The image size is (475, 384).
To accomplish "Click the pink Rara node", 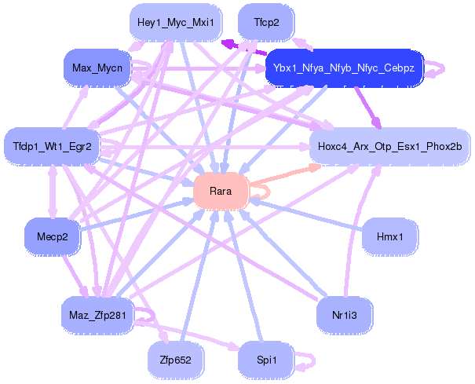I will coord(221,192).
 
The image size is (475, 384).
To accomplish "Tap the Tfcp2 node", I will coord(266,23).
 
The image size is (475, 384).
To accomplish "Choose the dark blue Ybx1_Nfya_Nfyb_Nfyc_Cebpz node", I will coord(345,68).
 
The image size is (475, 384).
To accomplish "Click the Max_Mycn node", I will coord(97,68).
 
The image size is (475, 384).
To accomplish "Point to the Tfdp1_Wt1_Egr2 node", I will coord(53,146).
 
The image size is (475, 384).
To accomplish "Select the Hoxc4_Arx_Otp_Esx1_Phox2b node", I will coord(390,146).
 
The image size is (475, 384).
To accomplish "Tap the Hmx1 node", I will coord(389,236).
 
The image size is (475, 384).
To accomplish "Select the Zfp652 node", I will coord(176,360).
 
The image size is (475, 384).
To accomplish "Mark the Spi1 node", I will coord(266,360).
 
